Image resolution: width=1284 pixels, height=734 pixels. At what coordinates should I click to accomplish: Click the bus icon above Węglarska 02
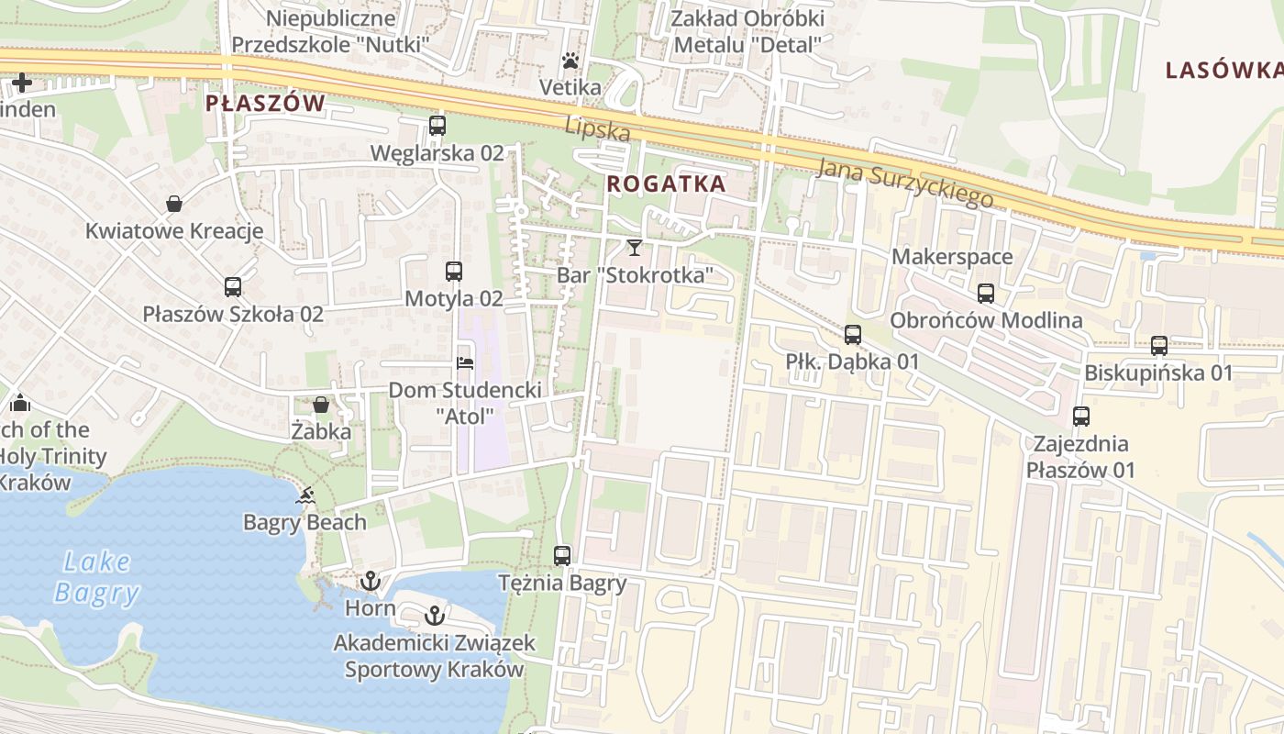(x=437, y=126)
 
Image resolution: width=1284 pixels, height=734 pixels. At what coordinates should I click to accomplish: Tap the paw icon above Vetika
(x=570, y=61)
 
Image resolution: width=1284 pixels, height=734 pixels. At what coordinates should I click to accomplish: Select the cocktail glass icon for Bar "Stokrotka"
(x=634, y=247)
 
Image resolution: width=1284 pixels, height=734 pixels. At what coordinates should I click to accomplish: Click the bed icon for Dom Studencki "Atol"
(x=465, y=363)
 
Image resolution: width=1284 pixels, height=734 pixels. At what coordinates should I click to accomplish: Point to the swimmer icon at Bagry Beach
(x=305, y=496)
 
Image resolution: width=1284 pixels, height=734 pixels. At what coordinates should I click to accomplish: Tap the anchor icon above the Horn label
(x=371, y=581)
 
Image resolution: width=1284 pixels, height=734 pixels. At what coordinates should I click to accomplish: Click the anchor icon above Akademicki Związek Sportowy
(x=435, y=616)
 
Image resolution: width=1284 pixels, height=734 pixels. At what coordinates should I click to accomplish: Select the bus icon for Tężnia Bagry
(x=562, y=555)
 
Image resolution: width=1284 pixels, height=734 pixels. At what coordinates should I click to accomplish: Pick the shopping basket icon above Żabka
(x=321, y=404)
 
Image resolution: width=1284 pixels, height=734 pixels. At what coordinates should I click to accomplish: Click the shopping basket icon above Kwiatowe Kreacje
(x=174, y=204)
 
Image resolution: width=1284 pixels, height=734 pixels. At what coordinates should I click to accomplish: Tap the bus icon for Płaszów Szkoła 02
(x=233, y=287)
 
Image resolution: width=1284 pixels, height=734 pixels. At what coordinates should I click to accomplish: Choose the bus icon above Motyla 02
(x=454, y=272)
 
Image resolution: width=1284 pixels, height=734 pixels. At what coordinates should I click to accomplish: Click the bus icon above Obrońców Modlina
(x=986, y=294)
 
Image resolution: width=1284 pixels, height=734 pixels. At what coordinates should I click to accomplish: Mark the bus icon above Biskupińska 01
(x=1159, y=346)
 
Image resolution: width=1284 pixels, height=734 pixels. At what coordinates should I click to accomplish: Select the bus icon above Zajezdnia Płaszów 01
(x=1081, y=417)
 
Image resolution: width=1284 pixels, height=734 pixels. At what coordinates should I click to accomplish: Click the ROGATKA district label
(x=666, y=183)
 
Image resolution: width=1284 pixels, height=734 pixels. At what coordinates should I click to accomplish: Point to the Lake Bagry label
(x=97, y=577)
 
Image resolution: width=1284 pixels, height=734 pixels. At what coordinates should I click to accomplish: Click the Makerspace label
(x=952, y=257)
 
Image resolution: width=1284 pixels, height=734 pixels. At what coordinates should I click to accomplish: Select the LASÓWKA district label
(x=1224, y=71)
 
